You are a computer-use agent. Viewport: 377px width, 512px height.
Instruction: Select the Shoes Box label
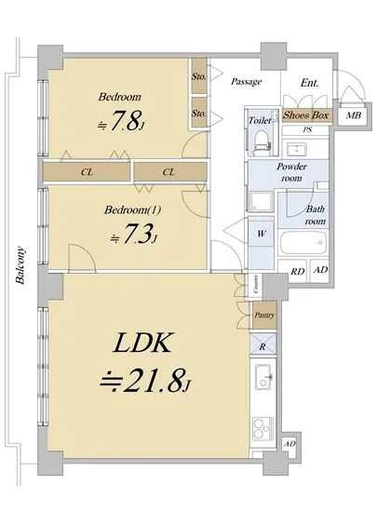[306, 115]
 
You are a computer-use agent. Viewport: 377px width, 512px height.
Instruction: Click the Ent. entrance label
[309, 83]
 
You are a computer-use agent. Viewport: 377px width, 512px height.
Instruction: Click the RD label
[297, 271]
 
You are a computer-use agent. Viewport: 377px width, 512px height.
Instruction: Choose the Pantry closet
[264, 316]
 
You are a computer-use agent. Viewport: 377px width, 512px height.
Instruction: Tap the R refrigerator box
[264, 346]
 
